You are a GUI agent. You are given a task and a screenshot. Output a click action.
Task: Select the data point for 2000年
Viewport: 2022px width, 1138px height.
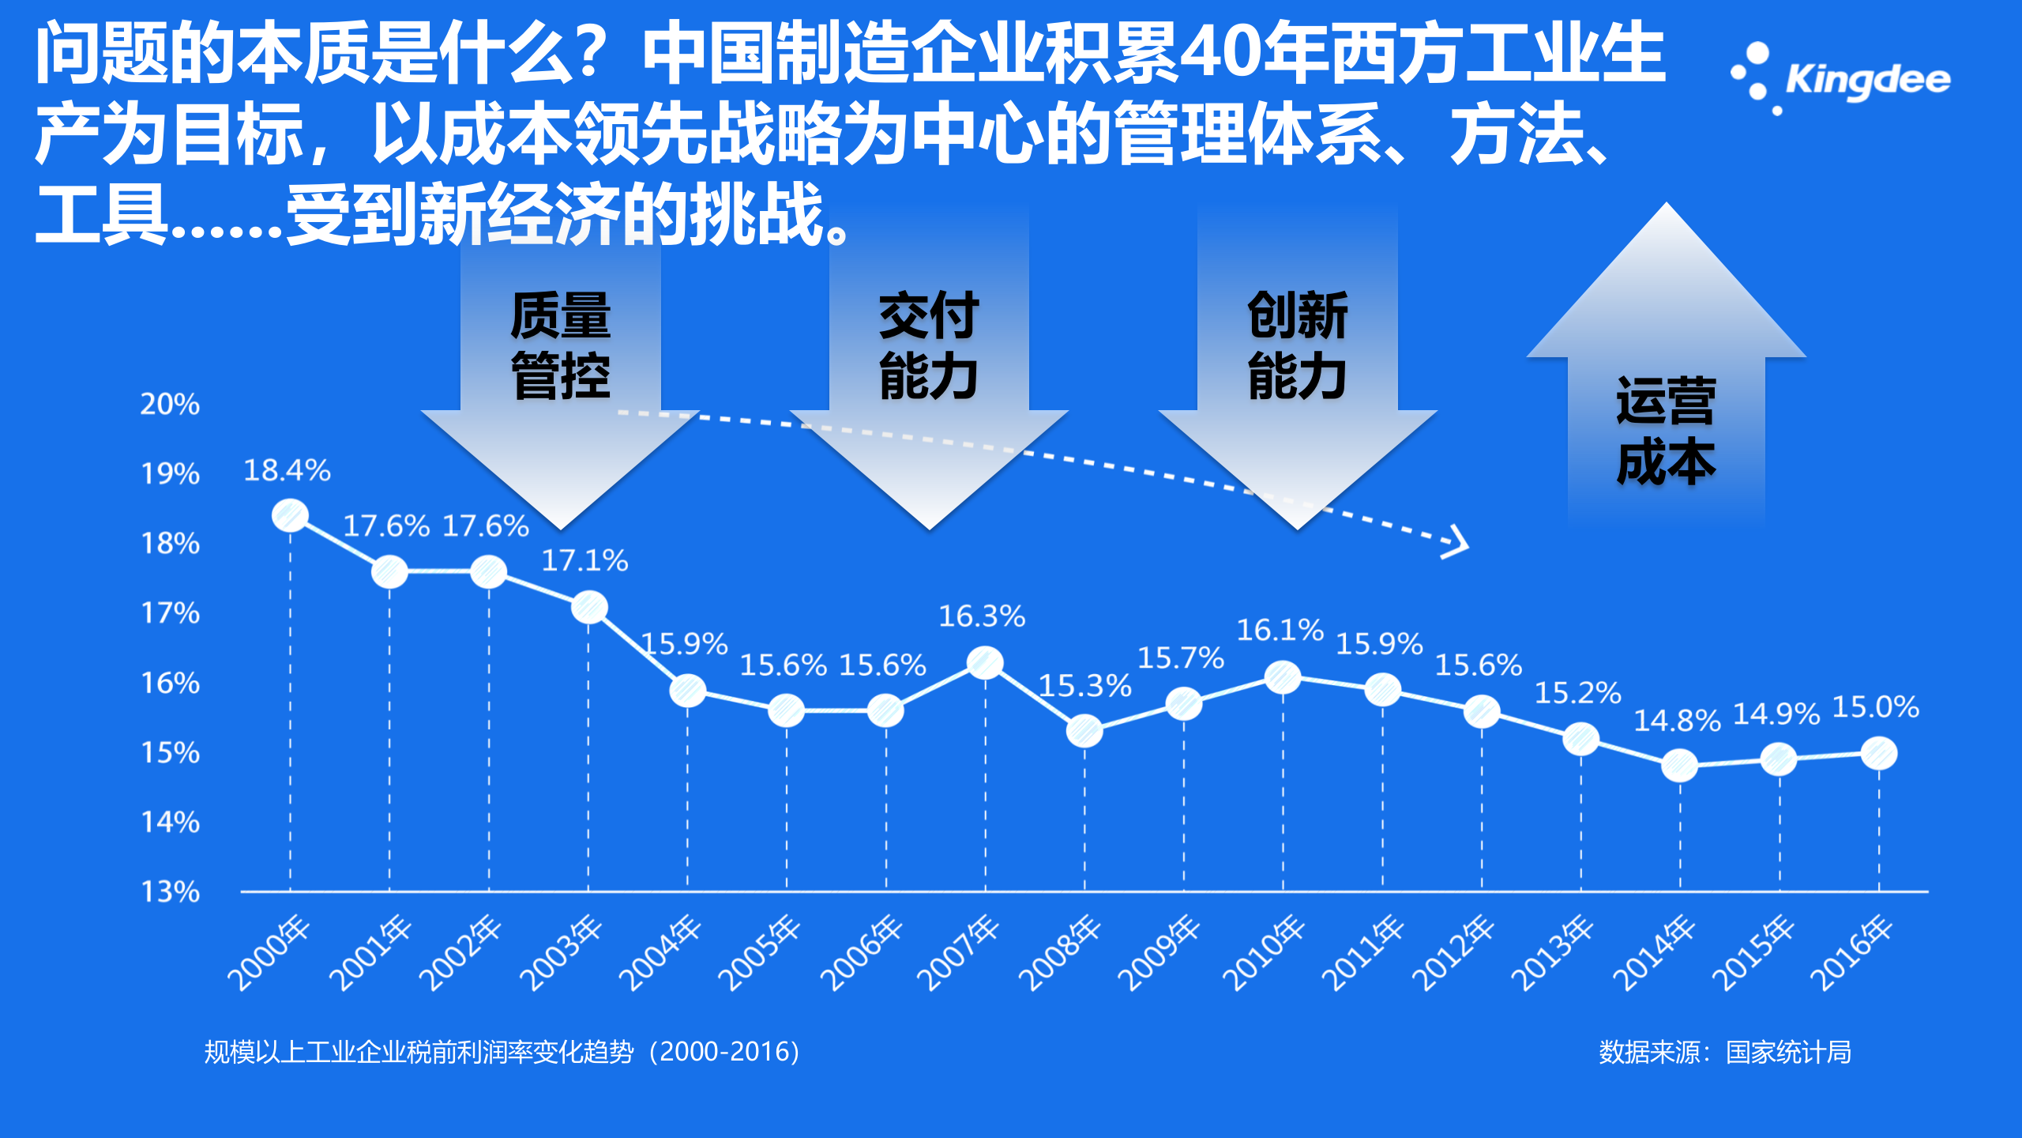[290, 516]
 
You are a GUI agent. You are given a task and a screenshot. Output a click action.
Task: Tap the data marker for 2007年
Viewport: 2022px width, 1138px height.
[985, 662]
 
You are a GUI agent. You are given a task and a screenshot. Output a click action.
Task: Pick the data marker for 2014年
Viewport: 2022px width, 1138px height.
[1679, 765]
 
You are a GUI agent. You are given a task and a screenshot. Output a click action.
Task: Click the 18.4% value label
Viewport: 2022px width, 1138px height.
[287, 470]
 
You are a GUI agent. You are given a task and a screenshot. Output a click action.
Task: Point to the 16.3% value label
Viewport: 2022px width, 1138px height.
[982, 616]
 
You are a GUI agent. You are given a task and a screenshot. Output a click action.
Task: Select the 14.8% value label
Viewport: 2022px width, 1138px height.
[1677, 721]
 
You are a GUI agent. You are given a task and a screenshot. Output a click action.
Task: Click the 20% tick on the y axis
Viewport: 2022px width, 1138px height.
[170, 404]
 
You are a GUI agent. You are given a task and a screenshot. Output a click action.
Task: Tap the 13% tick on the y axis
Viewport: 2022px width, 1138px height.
[170, 892]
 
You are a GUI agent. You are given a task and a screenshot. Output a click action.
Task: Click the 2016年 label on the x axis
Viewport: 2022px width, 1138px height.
[1851, 952]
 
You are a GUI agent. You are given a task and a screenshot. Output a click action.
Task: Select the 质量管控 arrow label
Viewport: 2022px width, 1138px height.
[561, 345]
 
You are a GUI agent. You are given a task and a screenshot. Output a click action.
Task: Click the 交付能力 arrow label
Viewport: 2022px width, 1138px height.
[929, 345]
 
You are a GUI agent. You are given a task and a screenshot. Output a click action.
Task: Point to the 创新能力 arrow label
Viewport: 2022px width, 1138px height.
[1297, 345]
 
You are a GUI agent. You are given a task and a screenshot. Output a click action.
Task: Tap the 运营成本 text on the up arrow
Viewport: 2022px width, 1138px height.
[1666, 431]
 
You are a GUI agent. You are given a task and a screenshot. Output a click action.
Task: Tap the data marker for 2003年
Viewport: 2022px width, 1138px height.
[589, 608]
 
